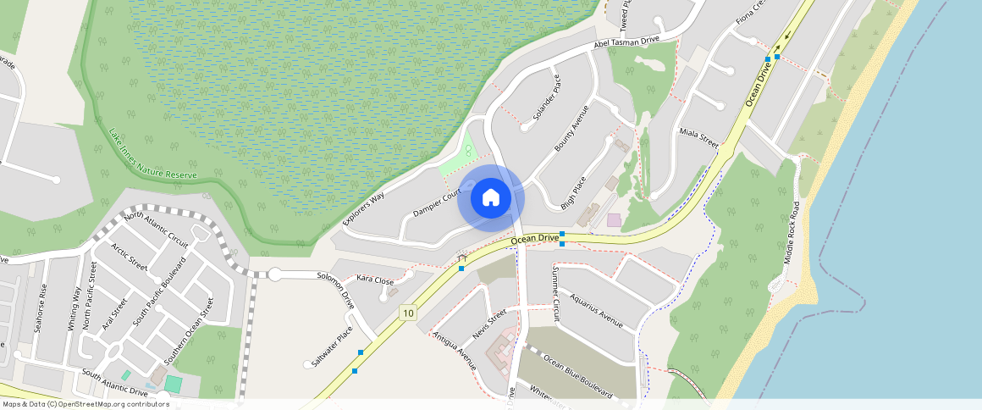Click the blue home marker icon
pos(491,198)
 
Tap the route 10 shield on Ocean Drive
pos(409,313)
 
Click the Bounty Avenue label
pos(571,129)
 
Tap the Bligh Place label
pos(573,192)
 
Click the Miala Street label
pos(698,139)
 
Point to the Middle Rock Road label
pos(792,233)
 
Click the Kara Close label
pos(375,280)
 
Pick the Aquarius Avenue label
pos(596,311)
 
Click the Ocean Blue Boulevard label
pos(578,375)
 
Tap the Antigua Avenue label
pos(455,351)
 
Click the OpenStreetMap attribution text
pos(85,404)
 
